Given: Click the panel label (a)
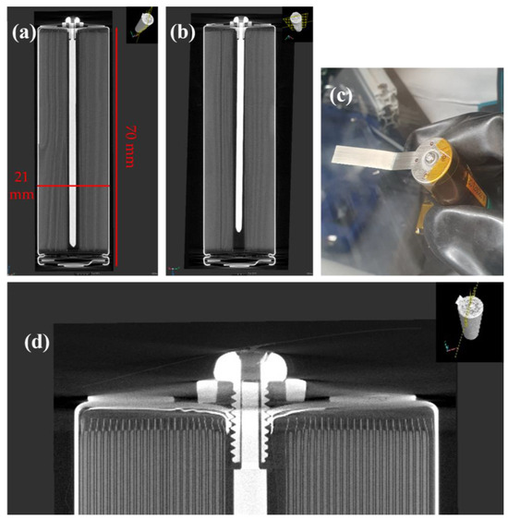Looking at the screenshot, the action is pos(23,33).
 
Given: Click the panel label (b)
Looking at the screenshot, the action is pos(182,33).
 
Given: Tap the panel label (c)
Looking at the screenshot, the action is pos(341,97).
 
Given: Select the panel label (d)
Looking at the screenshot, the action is pos(37,343).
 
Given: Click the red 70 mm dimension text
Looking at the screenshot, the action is pos(130,146).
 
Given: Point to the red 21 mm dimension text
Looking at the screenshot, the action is pos(21,186).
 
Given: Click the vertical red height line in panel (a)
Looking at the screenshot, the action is pos(116,147).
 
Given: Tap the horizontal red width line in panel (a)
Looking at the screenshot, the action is pos(73,186).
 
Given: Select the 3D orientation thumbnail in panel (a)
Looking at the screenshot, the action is pos(142,25).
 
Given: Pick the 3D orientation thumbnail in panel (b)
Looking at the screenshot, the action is pos(297,25).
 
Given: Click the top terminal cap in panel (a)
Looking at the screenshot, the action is pos(73,23).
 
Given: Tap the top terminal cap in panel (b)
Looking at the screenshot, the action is pos(239,22).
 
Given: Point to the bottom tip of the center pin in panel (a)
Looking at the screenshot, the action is pos(73,247).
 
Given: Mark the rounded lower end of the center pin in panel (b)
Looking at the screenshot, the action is pos(238,229).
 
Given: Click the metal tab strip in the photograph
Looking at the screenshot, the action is pos(369,157).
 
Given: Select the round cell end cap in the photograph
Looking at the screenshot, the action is pos(430,160).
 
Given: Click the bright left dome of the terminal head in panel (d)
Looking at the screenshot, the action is pos(228,367).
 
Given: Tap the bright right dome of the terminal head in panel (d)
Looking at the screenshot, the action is pos(276,367).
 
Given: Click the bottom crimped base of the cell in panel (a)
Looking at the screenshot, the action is pos(73,261).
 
